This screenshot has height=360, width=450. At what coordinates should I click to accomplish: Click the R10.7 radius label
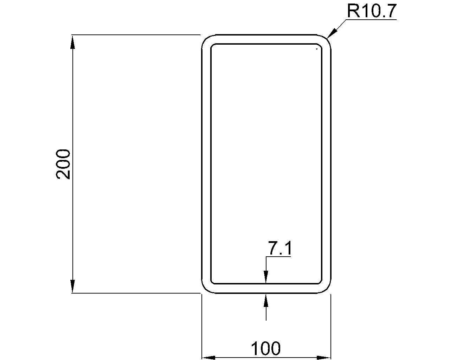click(x=371, y=11)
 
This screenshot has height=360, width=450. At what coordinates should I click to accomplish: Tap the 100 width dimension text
click(x=266, y=349)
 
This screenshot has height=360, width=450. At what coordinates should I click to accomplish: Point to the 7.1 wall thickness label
click(x=280, y=249)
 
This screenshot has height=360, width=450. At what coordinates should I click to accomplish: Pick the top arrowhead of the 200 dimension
click(x=73, y=41)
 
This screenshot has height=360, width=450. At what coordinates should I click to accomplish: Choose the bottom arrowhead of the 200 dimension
click(x=73, y=286)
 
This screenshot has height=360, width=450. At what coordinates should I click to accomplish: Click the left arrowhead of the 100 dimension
click(x=208, y=358)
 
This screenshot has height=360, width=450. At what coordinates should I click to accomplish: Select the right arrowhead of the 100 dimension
click(x=324, y=358)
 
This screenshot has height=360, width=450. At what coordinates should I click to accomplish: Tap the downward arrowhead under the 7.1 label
click(x=266, y=277)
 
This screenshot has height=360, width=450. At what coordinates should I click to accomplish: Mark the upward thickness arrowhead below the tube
click(x=266, y=300)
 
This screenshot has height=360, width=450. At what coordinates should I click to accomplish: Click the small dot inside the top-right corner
click(x=317, y=49)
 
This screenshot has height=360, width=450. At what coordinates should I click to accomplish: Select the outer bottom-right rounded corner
click(x=327, y=289)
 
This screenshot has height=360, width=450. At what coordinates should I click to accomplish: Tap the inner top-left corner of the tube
click(x=212, y=45)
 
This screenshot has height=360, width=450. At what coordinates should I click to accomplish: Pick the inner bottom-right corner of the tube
click(x=320, y=282)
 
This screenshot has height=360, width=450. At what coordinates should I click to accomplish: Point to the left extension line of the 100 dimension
click(x=202, y=327)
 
